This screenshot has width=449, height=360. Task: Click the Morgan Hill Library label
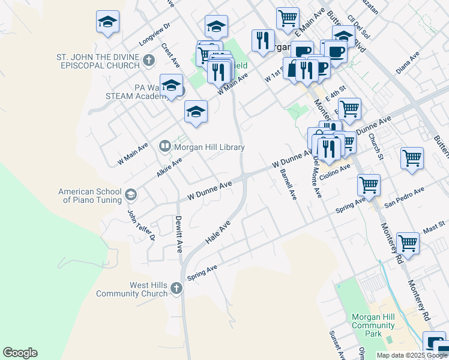click(209, 147)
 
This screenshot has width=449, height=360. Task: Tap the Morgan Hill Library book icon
click(164, 146)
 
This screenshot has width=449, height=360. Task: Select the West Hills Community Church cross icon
click(176, 289)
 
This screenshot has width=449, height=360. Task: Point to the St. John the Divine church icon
click(149, 60)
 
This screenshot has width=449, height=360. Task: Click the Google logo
click(20, 353)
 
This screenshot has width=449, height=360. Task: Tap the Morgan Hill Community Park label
click(373, 325)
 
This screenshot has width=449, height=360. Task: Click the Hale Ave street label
click(218, 231)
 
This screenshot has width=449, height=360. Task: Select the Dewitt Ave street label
click(178, 235)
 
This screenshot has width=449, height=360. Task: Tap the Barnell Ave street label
click(288, 184)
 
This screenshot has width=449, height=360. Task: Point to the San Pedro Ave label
click(404, 196)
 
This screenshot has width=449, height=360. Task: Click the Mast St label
click(433, 225)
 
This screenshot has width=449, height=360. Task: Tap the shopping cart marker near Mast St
click(408, 243)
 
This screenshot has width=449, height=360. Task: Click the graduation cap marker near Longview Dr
click(108, 22)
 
